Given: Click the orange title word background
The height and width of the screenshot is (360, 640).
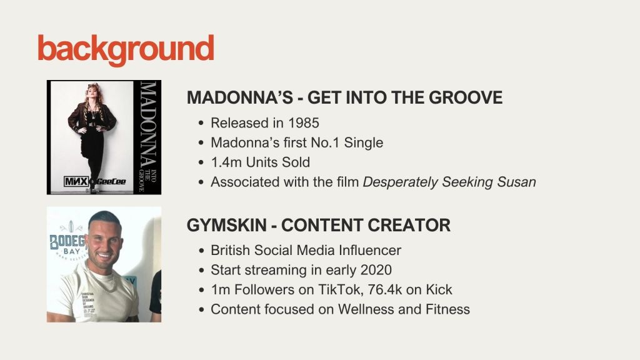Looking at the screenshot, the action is click(x=126, y=49).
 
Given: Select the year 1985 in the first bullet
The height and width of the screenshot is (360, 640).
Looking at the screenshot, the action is click(x=303, y=123).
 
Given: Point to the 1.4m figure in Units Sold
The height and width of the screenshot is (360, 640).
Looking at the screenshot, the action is click(x=226, y=162).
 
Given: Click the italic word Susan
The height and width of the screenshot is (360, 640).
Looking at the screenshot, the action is click(x=516, y=182).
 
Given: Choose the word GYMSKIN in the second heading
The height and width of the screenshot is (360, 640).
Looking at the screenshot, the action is click(x=226, y=225).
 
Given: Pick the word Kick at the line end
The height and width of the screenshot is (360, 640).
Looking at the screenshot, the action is click(x=439, y=289).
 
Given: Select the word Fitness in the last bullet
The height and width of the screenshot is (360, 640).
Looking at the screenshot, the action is click(x=447, y=309).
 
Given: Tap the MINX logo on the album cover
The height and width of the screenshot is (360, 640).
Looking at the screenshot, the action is click(x=76, y=181).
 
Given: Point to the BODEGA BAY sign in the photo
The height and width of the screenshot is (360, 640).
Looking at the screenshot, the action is click(x=67, y=244).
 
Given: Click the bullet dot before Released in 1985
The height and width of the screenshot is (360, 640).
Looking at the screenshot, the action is click(x=201, y=123).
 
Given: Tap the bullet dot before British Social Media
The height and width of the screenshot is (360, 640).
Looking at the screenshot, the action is click(x=201, y=251).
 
